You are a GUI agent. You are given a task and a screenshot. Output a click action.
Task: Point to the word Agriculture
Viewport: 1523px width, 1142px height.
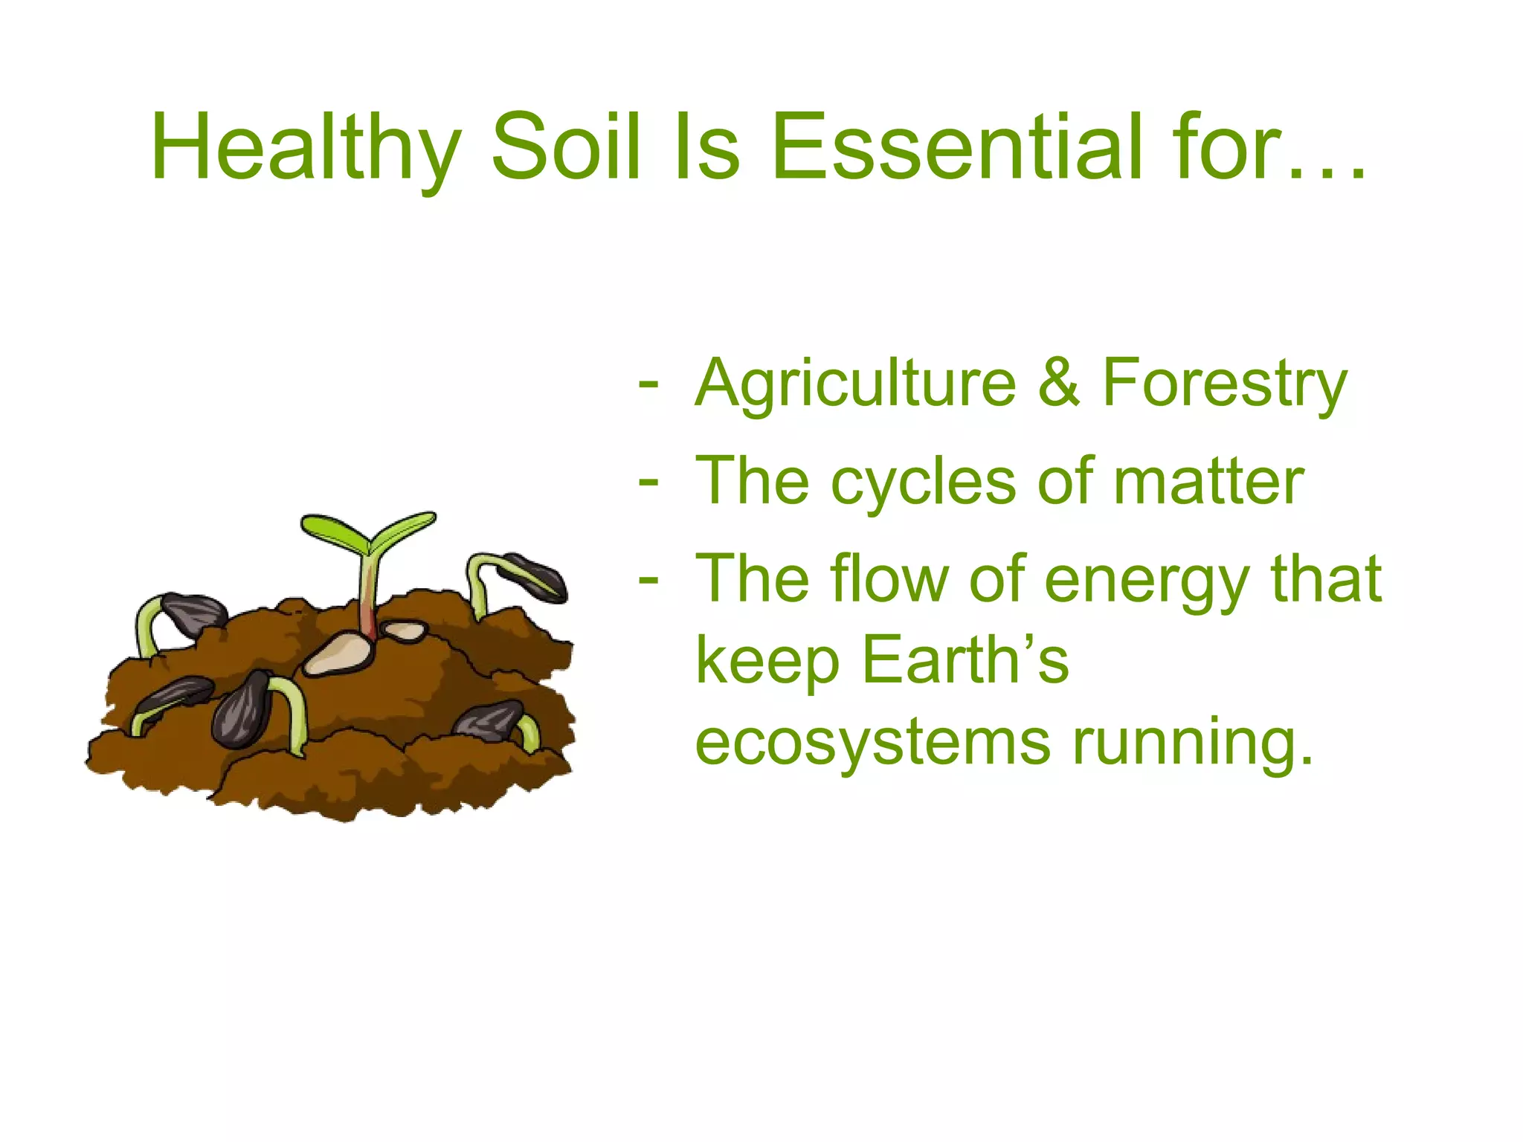tap(855, 384)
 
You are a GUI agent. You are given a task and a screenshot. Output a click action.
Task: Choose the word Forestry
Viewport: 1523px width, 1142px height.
tap(1224, 384)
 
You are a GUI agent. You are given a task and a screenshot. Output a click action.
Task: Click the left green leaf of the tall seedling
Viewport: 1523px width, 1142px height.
tap(333, 530)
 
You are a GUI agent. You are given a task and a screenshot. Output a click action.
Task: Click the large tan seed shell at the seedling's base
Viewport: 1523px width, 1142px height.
tap(338, 654)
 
